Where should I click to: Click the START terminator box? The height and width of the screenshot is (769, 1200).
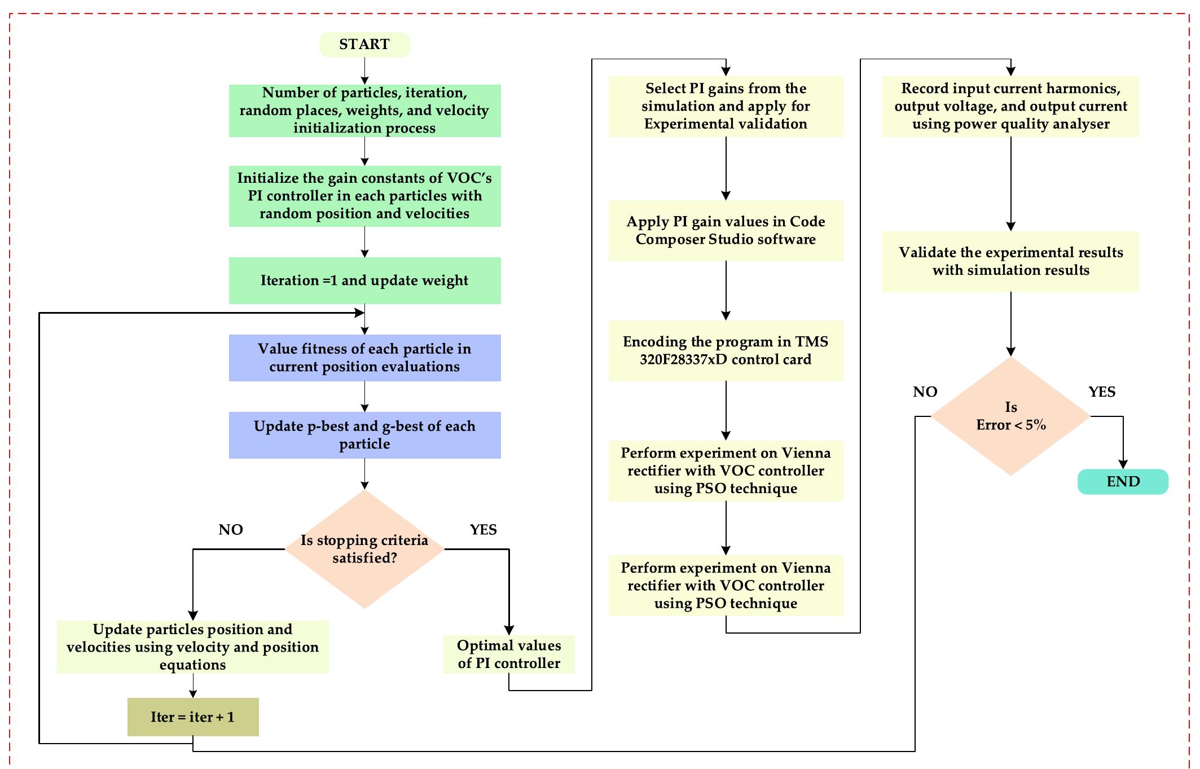click(364, 45)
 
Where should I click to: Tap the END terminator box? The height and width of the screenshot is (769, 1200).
click(1123, 482)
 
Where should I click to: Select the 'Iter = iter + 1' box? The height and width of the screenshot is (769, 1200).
click(193, 717)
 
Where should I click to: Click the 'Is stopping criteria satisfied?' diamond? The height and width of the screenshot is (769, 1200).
click(364, 549)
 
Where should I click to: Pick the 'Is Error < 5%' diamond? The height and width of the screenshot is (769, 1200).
click(1010, 416)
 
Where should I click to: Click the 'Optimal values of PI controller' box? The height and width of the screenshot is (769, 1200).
click(509, 654)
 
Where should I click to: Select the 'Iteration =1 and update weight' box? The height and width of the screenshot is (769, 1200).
click(364, 280)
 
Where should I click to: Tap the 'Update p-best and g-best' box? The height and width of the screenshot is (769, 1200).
click(364, 435)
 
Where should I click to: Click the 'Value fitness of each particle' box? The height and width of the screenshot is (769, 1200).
click(364, 358)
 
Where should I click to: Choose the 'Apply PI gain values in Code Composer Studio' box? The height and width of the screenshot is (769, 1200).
click(726, 230)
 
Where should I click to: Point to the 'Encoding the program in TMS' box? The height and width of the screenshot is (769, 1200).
click(726, 350)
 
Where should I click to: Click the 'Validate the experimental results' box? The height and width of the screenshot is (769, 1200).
click(1010, 261)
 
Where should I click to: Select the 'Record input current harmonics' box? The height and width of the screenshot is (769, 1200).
click(1010, 106)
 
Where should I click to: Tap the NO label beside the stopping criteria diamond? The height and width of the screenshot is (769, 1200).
click(231, 530)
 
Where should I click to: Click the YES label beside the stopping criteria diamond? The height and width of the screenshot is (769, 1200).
click(483, 530)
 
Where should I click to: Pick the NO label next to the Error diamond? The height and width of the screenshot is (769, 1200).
click(925, 392)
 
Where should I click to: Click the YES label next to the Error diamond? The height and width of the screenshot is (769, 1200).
click(1102, 392)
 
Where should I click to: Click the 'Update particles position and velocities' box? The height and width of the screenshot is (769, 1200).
click(193, 647)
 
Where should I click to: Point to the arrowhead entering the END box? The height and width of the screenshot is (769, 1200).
click(1123, 464)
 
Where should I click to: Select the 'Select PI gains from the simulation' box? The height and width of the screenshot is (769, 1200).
click(726, 106)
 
